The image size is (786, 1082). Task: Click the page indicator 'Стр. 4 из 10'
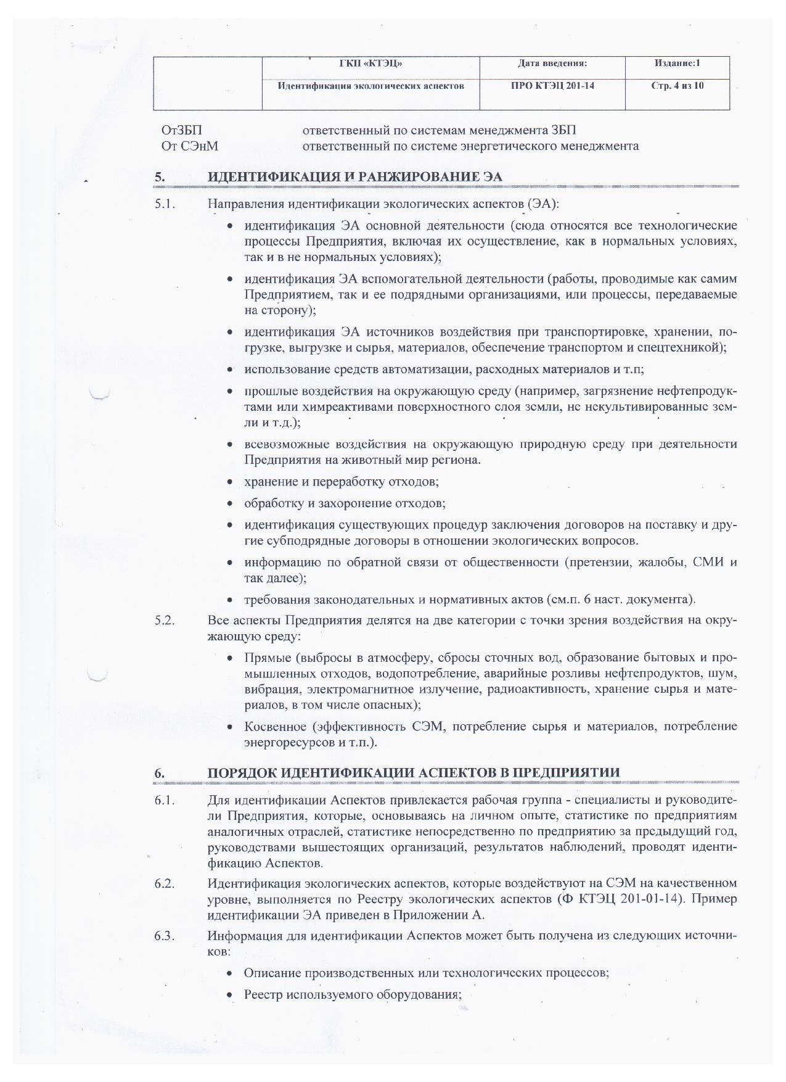click(x=677, y=86)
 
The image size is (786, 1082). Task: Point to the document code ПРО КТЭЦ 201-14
click(x=552, y=86)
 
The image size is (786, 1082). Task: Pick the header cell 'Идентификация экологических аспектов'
click(x=370, y=86)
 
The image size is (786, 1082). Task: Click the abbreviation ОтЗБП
click(x=182, y=130)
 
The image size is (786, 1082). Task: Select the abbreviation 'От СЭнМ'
click(x=190, y=146)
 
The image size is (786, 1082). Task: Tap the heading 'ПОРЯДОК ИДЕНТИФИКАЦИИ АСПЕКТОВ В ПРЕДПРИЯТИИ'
click(x=414, y=773)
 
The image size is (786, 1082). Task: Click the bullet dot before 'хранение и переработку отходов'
click(x=230, y=482)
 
